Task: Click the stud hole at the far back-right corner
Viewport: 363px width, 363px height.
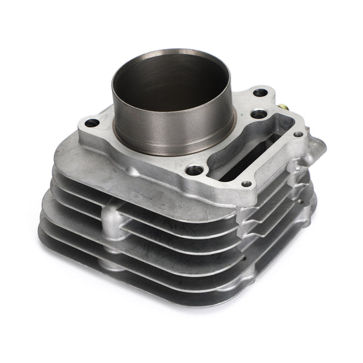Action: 260,94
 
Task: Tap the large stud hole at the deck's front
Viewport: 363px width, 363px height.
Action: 193,171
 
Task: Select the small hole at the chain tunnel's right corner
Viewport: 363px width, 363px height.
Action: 298,134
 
